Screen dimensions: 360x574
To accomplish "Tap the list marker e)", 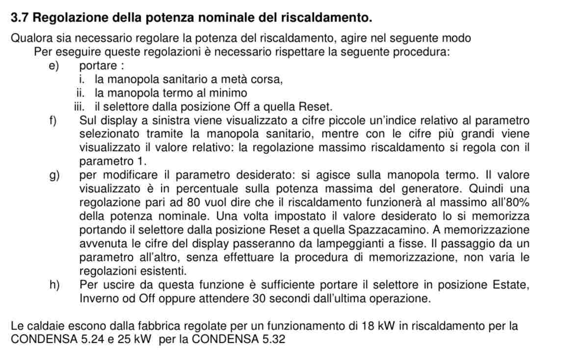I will click(x=53, y=66).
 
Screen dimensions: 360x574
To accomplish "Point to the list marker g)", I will click(x=54, y=175).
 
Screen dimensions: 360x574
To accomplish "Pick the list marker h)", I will click(x=54, y=285).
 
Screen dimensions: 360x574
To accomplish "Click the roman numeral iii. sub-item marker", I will click(x=78, y=106).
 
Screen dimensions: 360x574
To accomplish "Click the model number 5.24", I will click(x=94, y=339).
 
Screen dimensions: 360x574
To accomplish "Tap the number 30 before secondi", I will click(x=259, y=299).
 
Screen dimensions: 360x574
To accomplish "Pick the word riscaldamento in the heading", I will click(x=326, y=18).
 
